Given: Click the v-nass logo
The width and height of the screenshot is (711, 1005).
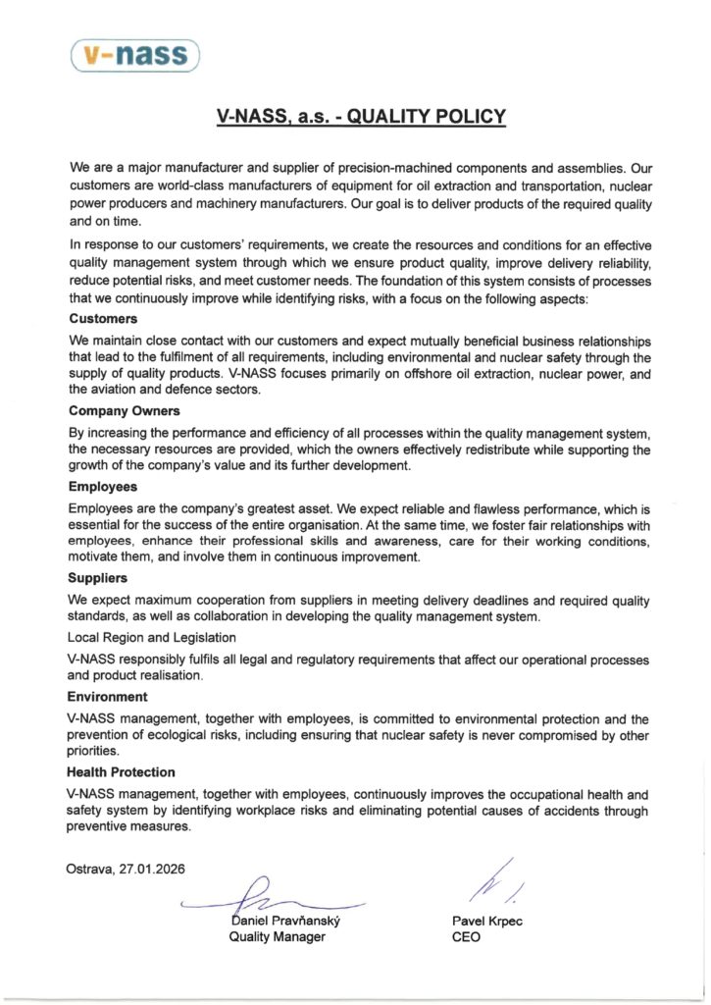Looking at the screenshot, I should tap(135, 55).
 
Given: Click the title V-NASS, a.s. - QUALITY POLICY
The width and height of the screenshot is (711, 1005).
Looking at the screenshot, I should tap(361, 118).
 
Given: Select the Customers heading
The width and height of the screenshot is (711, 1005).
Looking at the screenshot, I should tap(103, 319).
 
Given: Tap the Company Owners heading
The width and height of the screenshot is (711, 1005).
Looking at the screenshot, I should tap(125, 411).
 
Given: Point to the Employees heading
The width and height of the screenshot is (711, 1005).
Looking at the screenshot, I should tap(103, 486).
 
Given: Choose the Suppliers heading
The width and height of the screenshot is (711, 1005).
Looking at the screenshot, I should tap(99, 579).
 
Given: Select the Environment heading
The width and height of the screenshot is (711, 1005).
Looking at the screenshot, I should tap(108, 696).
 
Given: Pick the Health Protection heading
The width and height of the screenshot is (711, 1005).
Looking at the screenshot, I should tap(122, 772).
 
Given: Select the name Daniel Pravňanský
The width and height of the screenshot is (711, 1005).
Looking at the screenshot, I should tap(284, 921).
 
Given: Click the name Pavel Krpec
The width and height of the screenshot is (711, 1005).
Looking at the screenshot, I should tap(487, 921).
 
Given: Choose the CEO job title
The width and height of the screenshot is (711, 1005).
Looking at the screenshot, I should tap(466, 937).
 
